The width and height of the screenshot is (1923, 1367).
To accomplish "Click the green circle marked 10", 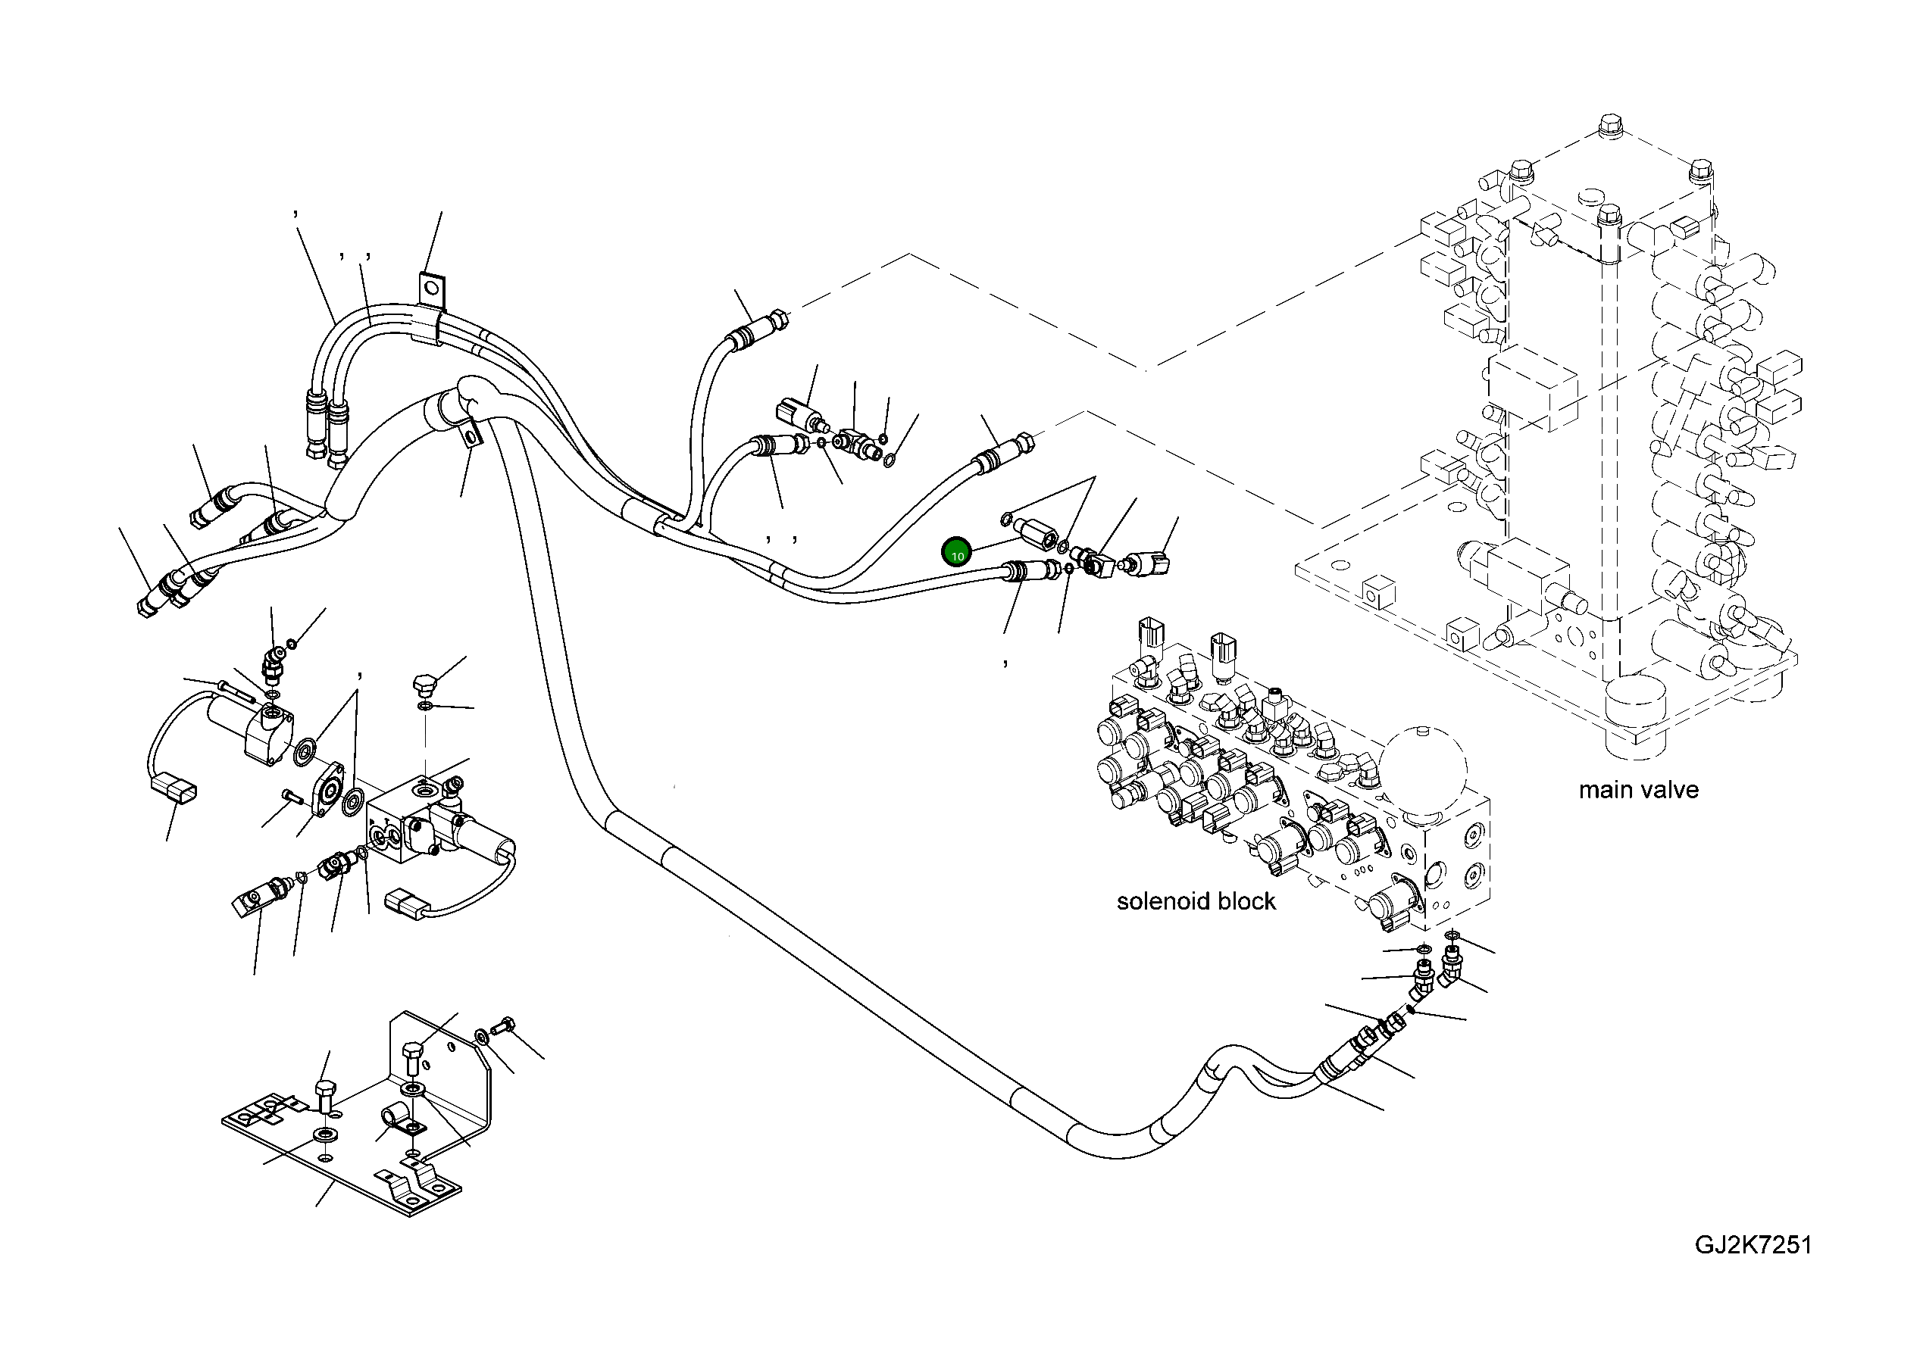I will click(x=957, y=553).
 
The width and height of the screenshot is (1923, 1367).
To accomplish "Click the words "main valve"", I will click(x=1637, y=791).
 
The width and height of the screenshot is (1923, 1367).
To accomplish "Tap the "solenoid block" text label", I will click(x=1196, y=901).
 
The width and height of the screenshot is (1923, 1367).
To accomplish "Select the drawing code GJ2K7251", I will click(x=1753, y=1245).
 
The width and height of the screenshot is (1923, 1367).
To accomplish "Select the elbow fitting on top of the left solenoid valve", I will click(x=271, y=663).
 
